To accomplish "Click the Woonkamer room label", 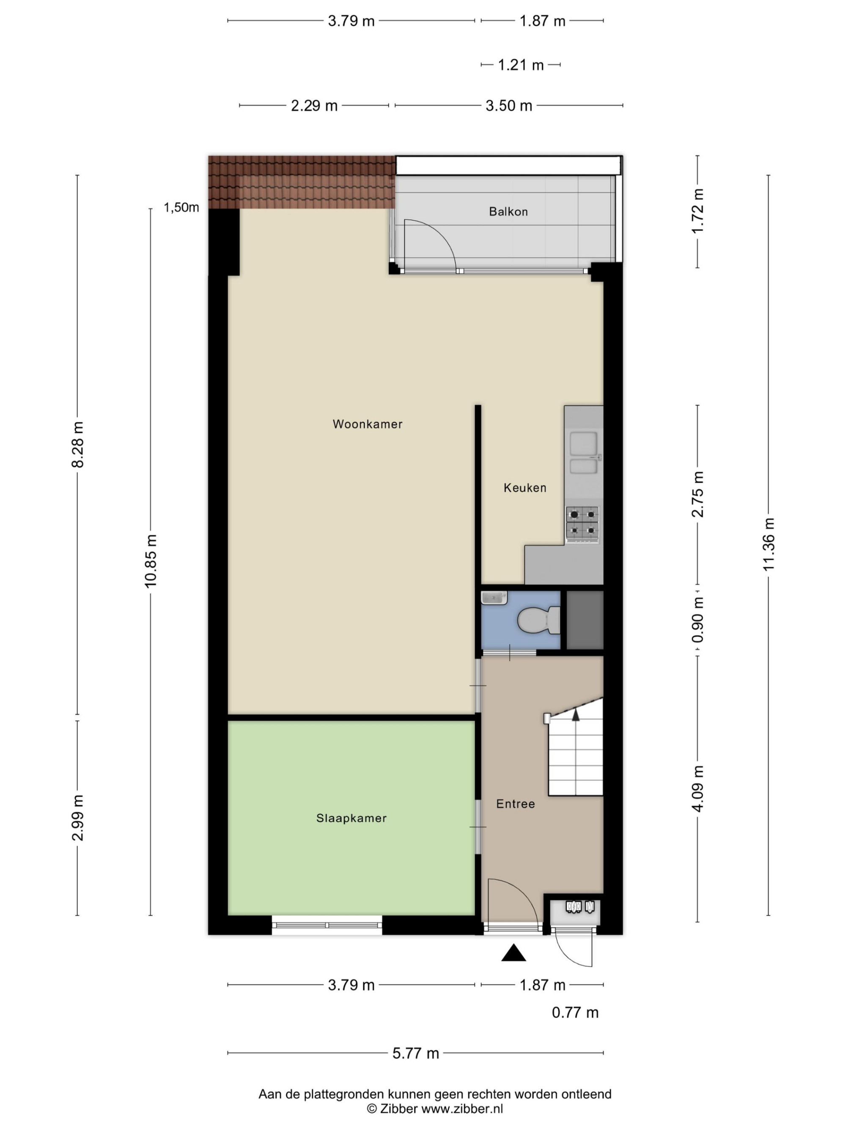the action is tap(367, 424).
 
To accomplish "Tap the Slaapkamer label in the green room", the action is tap(352, 818).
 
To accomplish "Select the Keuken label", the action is tap(525, 488).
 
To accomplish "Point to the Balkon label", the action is tap(508, 211).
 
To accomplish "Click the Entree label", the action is tap(516, 804).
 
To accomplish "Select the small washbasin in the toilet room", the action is tap(494, 597).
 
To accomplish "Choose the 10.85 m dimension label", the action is tap(151, 561).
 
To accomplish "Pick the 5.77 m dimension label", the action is tap(416, 1053).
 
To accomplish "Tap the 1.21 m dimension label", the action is tap(521, 65).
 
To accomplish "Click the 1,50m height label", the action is tap(181, 207).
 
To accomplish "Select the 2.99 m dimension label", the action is tap(77, 818).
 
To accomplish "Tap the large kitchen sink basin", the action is tap(583, 443).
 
